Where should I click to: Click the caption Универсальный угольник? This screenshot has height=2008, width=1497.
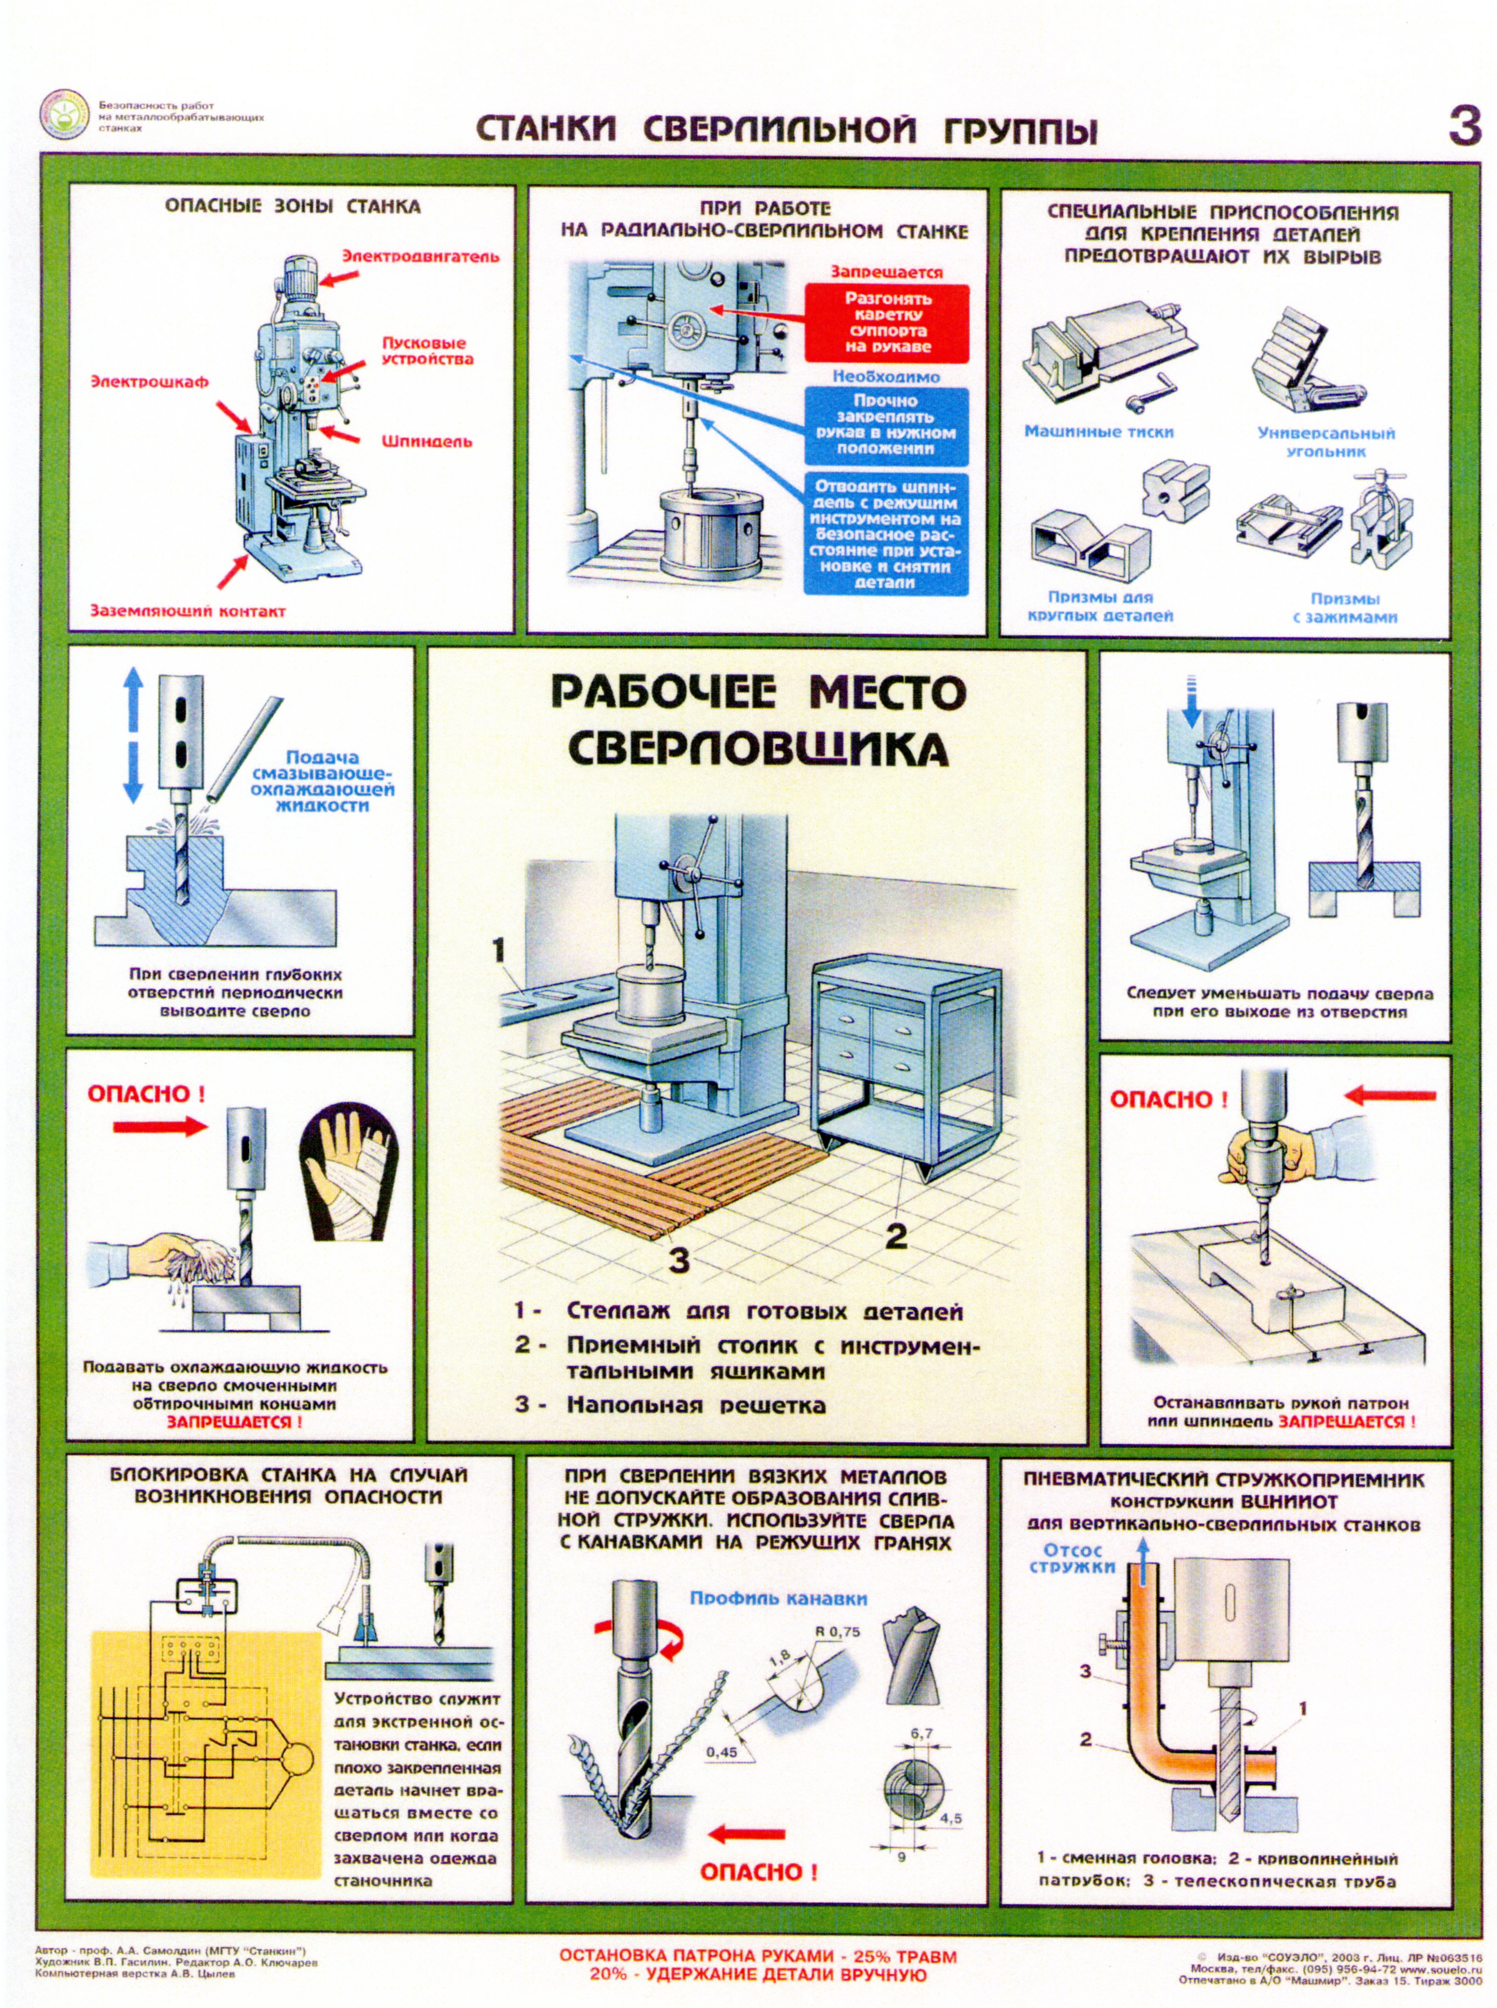(x=1326, y=442)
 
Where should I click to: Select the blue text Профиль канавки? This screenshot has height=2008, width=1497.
(x=777, y=1599)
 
